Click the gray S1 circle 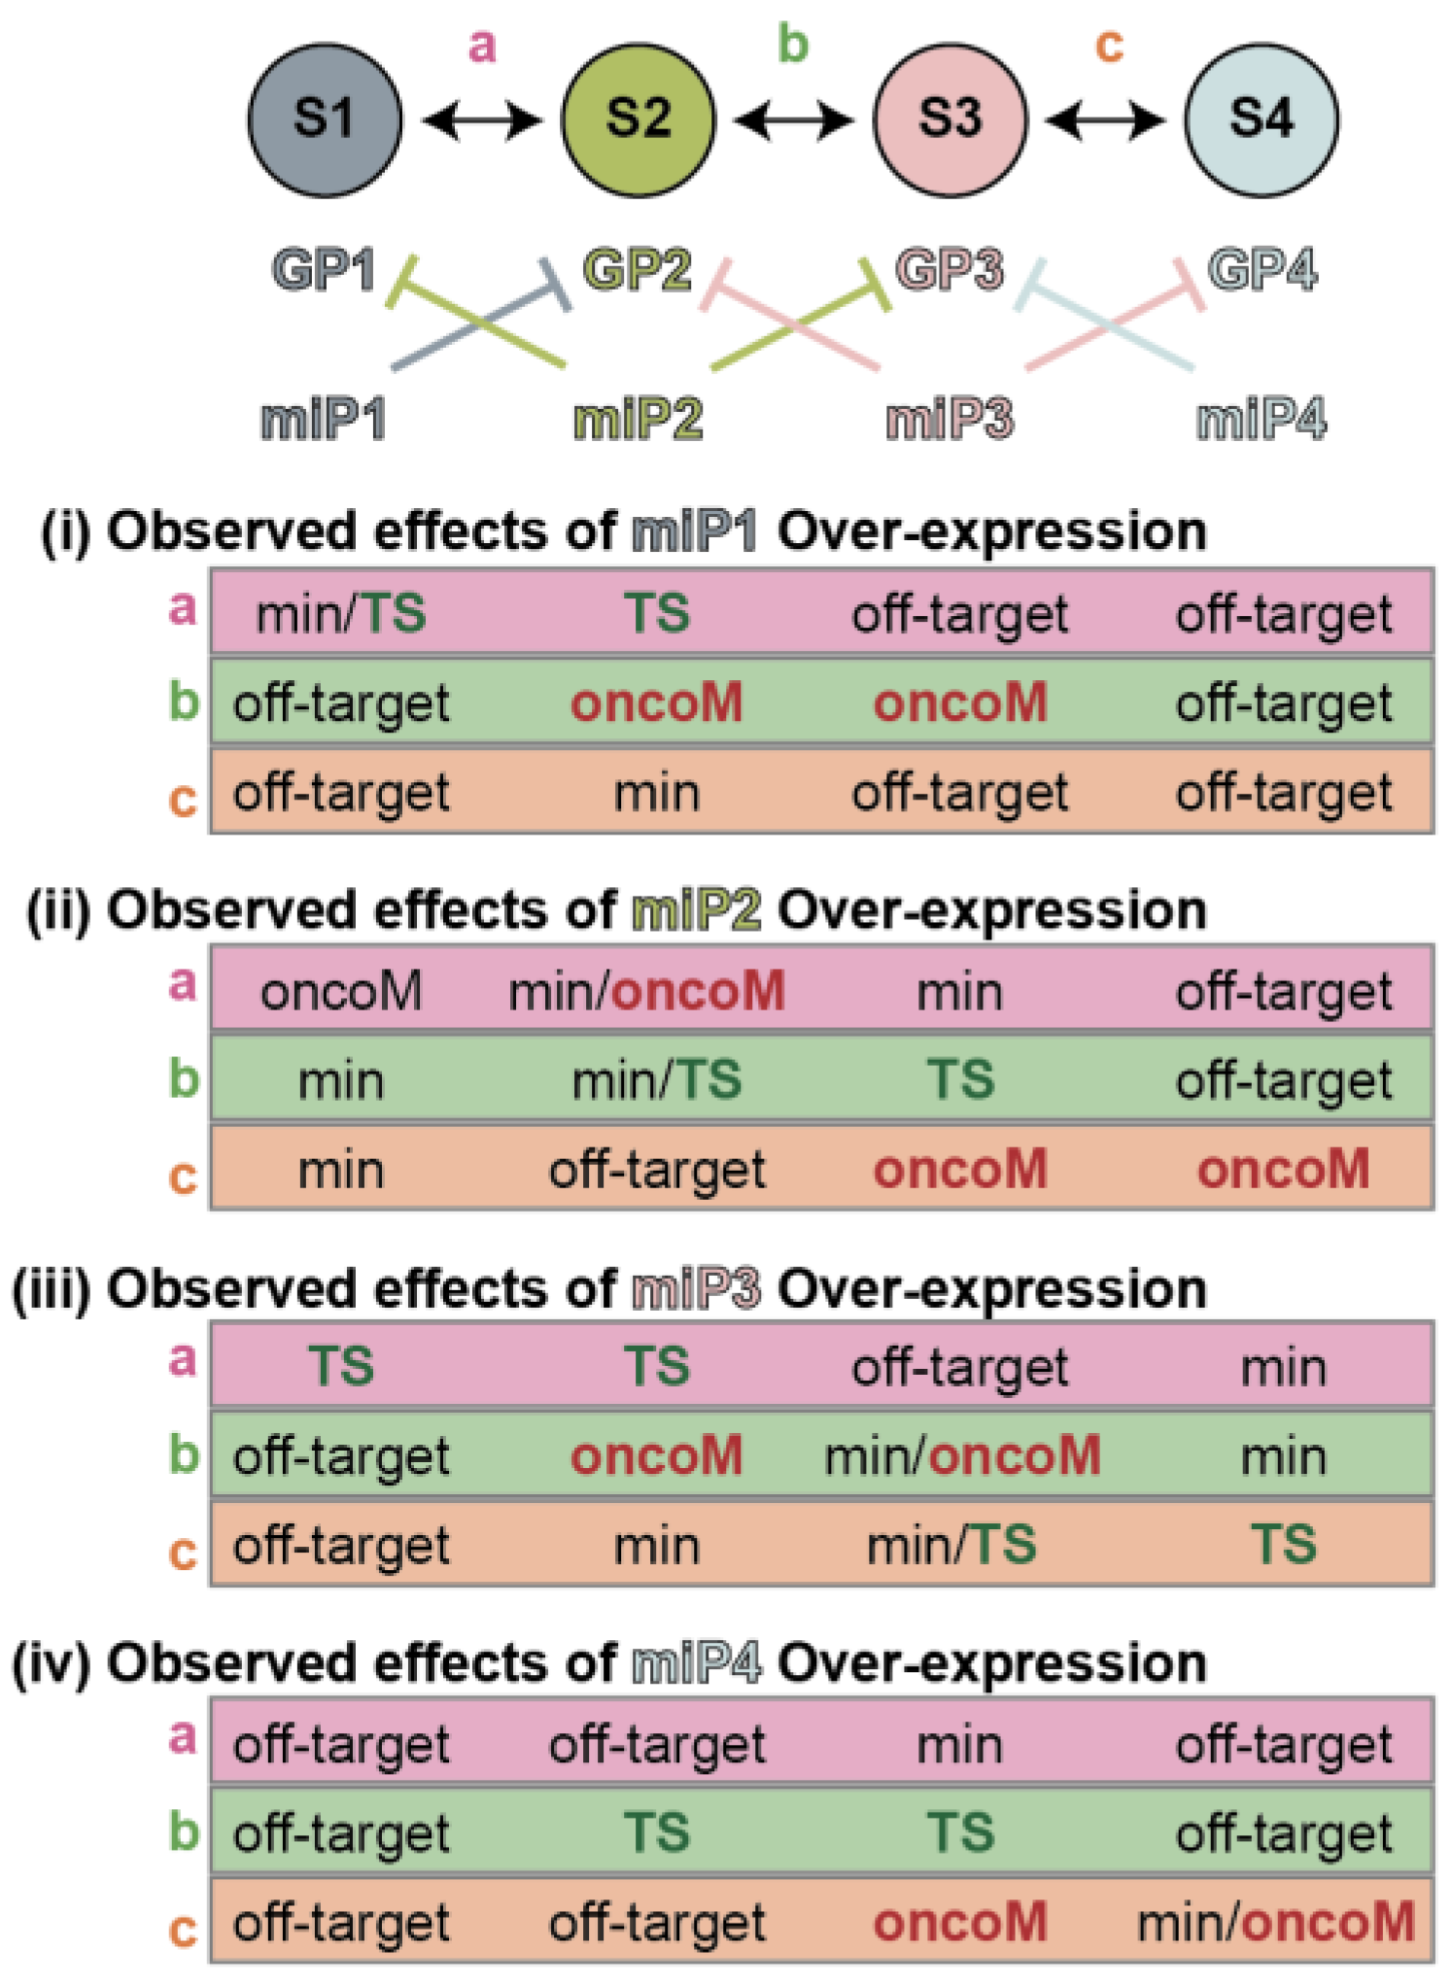tap(325, 120)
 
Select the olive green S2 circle tap(638, 120)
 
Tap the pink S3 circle tap(950, 120)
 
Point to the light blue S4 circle tap(1262, 120)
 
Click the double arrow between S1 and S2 tap(481, 121)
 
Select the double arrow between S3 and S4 tap(1105, 121)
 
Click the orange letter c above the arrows tap(1109, 46)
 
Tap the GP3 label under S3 tap(950, 269)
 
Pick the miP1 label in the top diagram tap(324, 420)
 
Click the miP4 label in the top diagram tap(1262, 420)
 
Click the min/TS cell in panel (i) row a tap(340, 614)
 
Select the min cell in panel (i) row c tap(657, 793)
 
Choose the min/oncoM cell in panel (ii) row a tap(646, 991)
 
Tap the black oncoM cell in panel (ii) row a tap(340, 991)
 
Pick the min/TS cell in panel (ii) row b tap(657, 1080)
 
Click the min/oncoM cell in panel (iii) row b tap(962, 1455)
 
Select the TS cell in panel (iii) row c tap(1283, 1545)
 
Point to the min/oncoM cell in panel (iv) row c tap(1275, 1922)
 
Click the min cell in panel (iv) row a tap(960, 1744)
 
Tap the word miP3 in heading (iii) tap(696, 1289)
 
